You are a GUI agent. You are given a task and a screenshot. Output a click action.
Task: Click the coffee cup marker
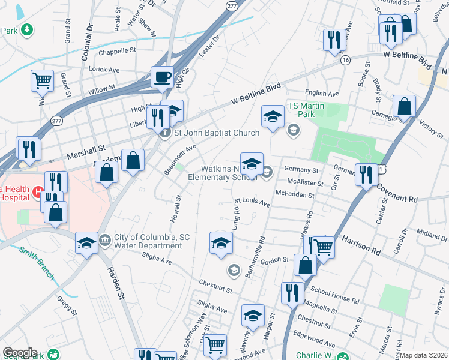(x=162, y=77)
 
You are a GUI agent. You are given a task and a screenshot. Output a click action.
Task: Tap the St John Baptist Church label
(x=217, y=133)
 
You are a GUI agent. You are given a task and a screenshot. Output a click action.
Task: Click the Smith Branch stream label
(x=37, y=264)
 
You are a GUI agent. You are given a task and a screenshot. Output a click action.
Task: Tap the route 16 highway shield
(x=345, y=60)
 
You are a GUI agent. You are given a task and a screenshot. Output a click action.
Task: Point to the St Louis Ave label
(x=252, y=202)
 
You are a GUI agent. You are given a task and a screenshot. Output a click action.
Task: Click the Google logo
(x=20, y=353)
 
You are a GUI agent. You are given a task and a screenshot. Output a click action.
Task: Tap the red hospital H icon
(x=37, y=192)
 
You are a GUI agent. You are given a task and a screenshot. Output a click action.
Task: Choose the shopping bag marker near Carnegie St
(x=405, y=106)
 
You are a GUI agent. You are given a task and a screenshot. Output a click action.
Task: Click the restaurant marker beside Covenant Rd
(x=366, y=175)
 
